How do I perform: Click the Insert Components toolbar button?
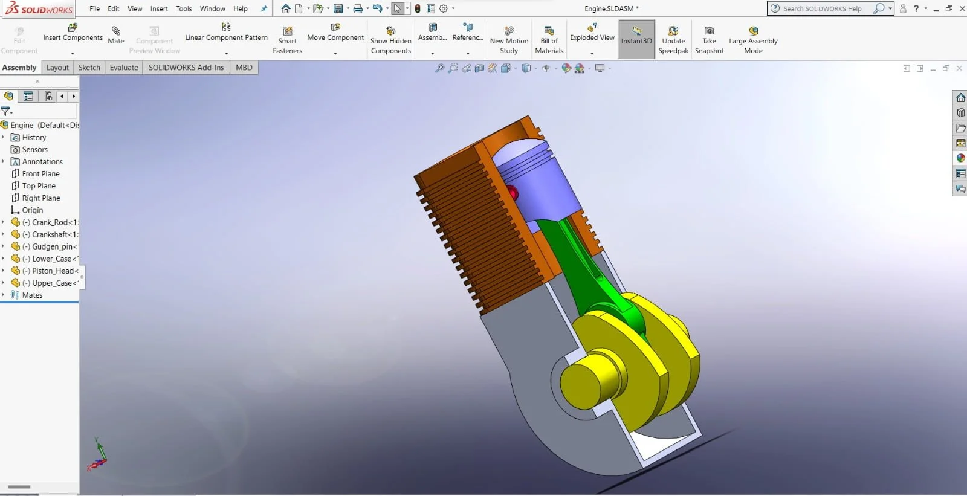tap(73, 33)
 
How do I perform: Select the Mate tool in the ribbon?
tap(116, 35)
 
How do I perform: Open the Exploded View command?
tap(592, 33)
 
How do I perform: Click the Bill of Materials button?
tap(549, 40)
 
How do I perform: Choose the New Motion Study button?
tap(509, 40)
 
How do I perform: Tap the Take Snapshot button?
tap(709, 40)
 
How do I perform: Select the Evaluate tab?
tap(124, 68)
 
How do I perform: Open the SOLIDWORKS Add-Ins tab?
tap(186, 68)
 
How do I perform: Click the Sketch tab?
tap(89, 68)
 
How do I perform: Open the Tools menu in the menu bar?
tap(184, 9)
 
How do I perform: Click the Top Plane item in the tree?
tap(39, 186)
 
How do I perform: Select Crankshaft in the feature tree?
tap(53, 234)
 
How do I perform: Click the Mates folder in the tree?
tap(32, 295)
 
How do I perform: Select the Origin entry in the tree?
tap(32, 210)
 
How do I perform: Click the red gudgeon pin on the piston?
tap(513, 193)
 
